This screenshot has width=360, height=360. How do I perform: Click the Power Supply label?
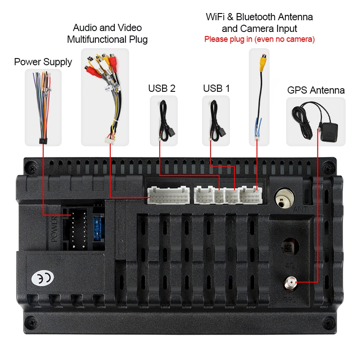[x=43, y=62]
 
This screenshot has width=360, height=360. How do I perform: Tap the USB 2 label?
[x=162, y=88]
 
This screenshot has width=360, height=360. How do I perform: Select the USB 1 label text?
[x=216, y=88]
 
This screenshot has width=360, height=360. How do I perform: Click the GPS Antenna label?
[x=316, y=90]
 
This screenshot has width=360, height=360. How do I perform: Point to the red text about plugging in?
[x=259, y=39]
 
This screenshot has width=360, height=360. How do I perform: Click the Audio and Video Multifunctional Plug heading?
[x=107, y=34]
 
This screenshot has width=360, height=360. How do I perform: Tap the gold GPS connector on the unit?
[x=289, y=284]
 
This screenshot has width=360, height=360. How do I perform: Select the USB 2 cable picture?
[x=163, y=121]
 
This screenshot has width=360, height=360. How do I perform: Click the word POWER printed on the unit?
[x=54, y=229]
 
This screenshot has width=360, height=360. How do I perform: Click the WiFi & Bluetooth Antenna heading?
[x=259, y=17]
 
